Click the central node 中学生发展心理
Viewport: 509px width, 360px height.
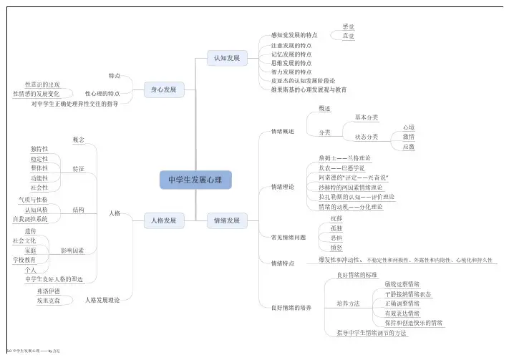coord(195,180)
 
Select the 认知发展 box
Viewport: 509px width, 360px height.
coord(227,57)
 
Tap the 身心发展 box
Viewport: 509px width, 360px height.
coord(164,89)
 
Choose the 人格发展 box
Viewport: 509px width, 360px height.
coord(164,220)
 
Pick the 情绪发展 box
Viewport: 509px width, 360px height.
coord(227,220)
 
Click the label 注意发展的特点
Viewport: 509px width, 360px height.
coord(291,44)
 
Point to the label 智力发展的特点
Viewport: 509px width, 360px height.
coord(291,72)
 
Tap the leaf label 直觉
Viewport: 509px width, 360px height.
coord(348,35)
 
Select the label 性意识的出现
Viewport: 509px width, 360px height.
coord(42,84)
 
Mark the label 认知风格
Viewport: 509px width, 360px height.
coord(37,210)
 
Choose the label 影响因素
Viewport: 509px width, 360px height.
coord(72,251)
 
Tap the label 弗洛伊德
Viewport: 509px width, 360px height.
coord(47,292)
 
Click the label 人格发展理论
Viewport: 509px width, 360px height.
coord(102,301)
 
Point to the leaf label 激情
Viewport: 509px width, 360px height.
coord(409,137)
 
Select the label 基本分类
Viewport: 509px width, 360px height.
coord(367,117)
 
